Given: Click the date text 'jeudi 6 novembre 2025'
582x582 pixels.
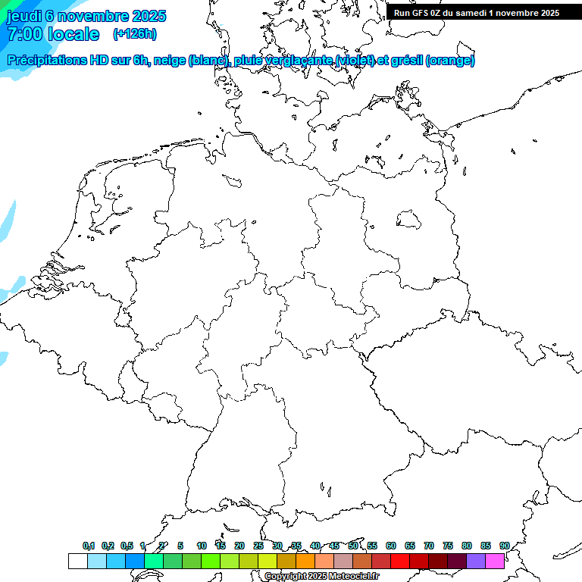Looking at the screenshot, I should coord(86,16).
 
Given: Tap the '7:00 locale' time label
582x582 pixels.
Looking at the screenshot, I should coord(53,34).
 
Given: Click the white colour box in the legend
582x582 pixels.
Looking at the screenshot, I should coord(77,561).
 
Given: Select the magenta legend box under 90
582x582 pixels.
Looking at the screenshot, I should coord(495,561).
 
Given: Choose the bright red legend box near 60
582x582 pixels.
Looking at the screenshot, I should coord(400,561).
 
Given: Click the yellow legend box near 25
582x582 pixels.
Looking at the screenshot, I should coord(267,561).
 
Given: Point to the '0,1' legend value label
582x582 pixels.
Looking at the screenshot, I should coord(89,546).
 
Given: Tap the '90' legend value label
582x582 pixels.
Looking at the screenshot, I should coord(504,546).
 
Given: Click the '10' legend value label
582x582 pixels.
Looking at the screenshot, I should coord(202,546).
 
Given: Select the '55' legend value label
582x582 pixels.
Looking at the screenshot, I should coord(372,546).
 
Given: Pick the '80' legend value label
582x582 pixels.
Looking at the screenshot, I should coord(467,546).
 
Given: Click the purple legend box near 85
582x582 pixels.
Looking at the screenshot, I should coord(476,561).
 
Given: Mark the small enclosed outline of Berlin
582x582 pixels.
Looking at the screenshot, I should coord(409,219).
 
